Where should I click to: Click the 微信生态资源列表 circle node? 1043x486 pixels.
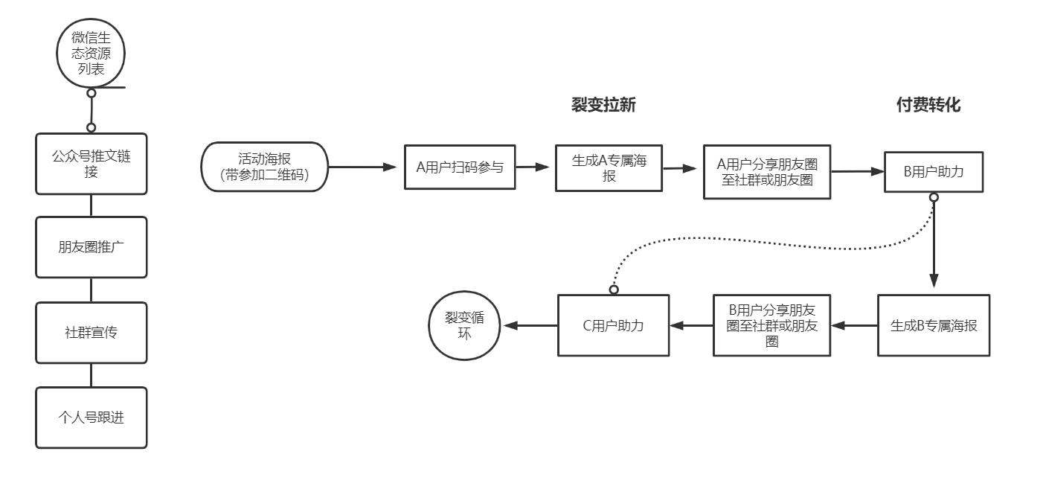(91, 57)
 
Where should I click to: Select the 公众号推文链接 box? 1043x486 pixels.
(91, 164)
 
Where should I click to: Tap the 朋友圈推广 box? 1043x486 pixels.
(91, 247)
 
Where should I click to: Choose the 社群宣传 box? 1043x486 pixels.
(91, 332)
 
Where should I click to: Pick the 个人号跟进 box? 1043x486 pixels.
(91, 417)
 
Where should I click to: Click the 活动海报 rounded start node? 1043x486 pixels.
(264, 167)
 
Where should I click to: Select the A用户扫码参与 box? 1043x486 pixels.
(460, 167)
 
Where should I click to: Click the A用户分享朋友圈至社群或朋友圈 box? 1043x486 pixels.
(767, 171)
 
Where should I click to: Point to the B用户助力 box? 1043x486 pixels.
(933, 172)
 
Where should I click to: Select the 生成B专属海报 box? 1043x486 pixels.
(933, 326)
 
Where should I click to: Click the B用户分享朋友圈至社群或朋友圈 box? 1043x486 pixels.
(771, 324)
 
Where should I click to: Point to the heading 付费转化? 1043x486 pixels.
(928, 106)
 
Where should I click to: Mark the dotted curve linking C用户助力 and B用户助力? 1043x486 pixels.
(744, 240)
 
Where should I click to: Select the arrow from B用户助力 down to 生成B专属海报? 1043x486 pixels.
(934, 246)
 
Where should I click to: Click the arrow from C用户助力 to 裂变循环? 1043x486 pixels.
(530, 325)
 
